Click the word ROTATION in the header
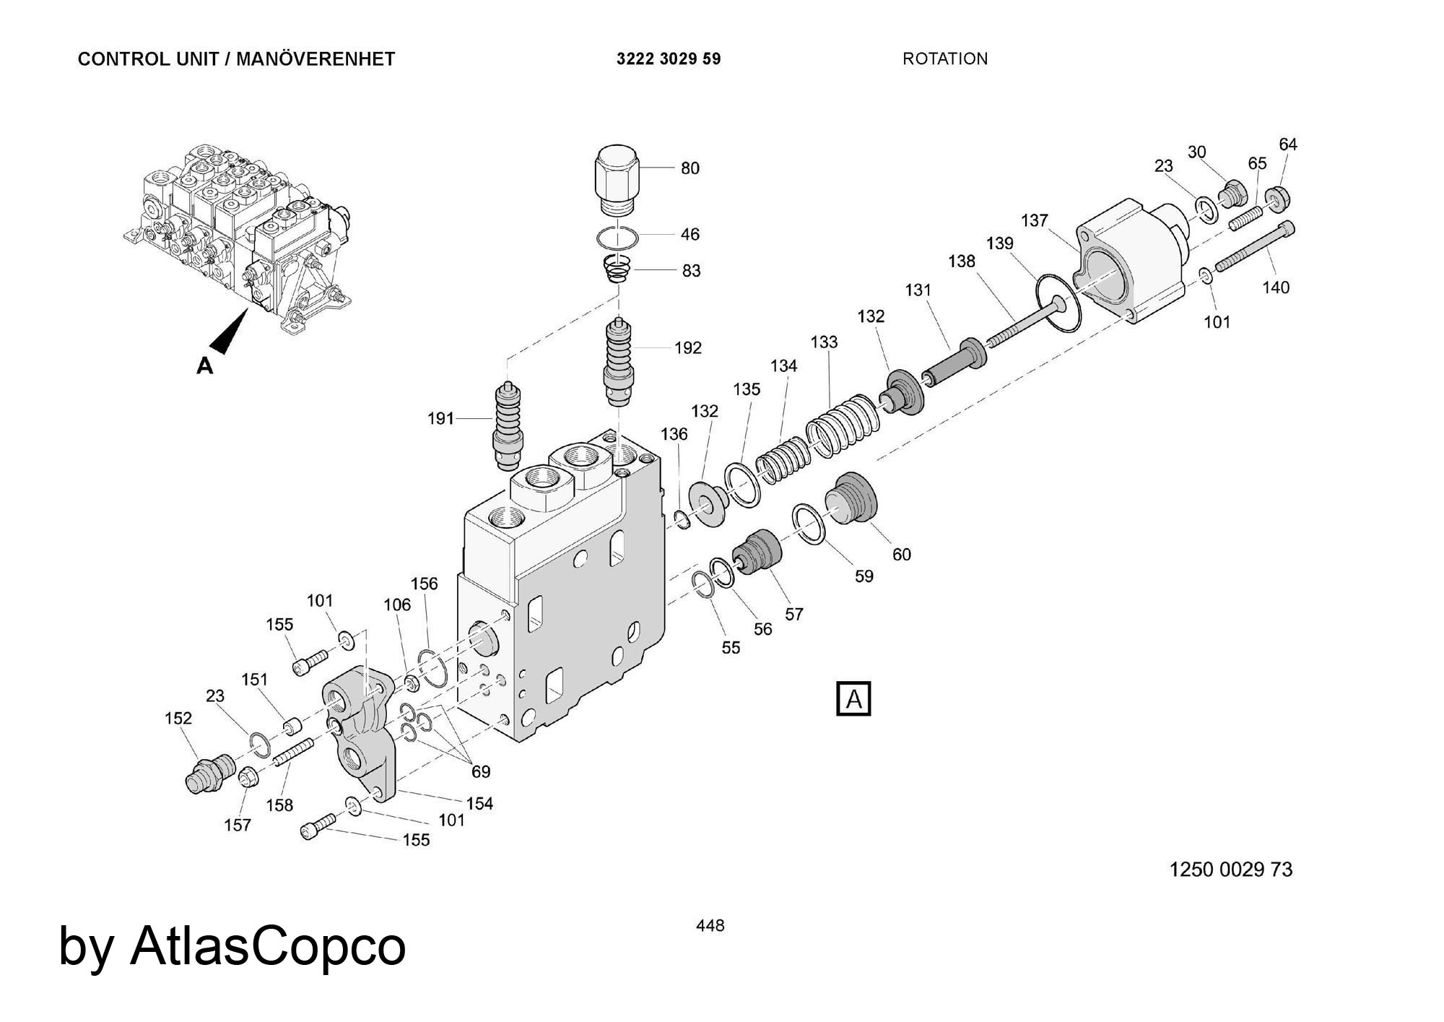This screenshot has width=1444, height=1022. click(944, 59)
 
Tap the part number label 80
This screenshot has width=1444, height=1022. click(690, 168)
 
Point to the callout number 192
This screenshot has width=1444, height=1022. click(687, 348)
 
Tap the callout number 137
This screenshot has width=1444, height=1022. click(1034, 220)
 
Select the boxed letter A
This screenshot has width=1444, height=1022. click(853, 699)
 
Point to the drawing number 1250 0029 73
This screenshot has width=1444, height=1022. click(1230, 869)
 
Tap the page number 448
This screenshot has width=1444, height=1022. click(710, 925)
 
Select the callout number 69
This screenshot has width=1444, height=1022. click(481, 771)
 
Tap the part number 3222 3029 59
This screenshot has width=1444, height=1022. click(668, 59)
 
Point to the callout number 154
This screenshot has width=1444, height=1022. click(479, 803)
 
